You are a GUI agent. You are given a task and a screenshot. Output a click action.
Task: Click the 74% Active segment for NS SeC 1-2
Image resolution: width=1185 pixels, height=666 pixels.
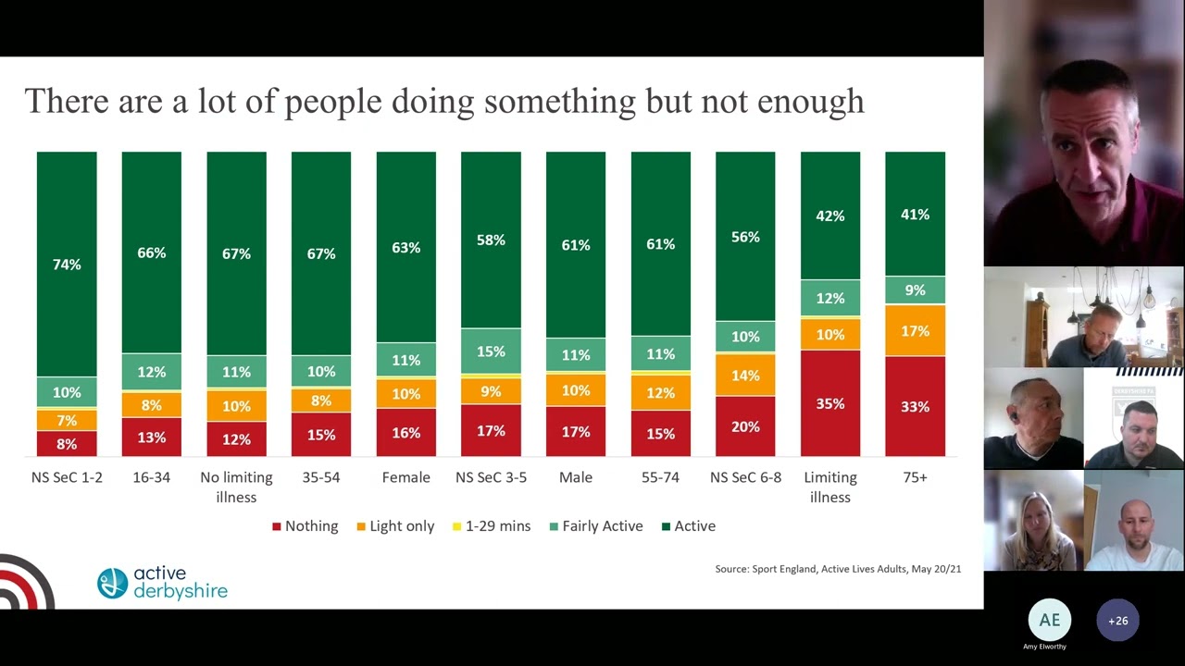point(67,265)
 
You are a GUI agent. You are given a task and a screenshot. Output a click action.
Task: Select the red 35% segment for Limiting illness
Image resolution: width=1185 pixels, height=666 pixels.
point(830,403)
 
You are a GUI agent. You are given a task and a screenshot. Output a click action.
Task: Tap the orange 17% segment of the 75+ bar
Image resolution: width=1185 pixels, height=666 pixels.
point(915,330)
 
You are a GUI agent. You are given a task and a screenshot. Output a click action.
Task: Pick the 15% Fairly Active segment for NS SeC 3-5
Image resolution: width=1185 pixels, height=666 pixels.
point(491,351)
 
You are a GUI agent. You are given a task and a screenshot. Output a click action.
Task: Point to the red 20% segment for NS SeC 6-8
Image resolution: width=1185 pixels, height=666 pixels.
point(745,426)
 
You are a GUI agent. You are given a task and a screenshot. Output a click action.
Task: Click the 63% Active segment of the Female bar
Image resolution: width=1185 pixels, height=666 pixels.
point(405,248)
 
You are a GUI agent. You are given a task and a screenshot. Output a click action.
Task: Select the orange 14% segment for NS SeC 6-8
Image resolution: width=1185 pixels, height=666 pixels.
point(745,375)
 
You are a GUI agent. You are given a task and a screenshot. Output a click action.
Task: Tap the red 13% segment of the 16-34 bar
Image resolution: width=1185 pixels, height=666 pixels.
point(151,437)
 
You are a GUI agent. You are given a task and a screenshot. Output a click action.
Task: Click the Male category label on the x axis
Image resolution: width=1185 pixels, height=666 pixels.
point(576,477)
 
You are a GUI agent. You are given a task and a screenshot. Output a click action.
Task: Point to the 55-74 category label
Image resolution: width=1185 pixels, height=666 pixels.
point(660,477)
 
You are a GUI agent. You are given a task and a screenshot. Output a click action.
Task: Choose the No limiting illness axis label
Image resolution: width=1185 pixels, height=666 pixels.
point(236,487)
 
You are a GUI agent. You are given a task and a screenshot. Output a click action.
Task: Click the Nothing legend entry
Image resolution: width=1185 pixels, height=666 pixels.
point(305,526)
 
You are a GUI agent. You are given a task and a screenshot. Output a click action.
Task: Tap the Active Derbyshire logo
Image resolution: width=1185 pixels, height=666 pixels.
point(162,583)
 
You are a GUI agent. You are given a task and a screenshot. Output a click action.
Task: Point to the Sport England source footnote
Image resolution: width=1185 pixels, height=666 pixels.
point(838,569)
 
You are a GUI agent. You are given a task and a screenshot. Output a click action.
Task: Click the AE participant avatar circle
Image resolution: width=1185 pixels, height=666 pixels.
point(1049,620)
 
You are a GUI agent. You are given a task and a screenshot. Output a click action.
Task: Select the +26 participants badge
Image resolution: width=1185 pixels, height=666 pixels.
point(1117,621)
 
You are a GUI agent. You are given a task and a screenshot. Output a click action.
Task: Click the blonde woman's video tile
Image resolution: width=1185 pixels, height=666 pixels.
point(1033,521)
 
